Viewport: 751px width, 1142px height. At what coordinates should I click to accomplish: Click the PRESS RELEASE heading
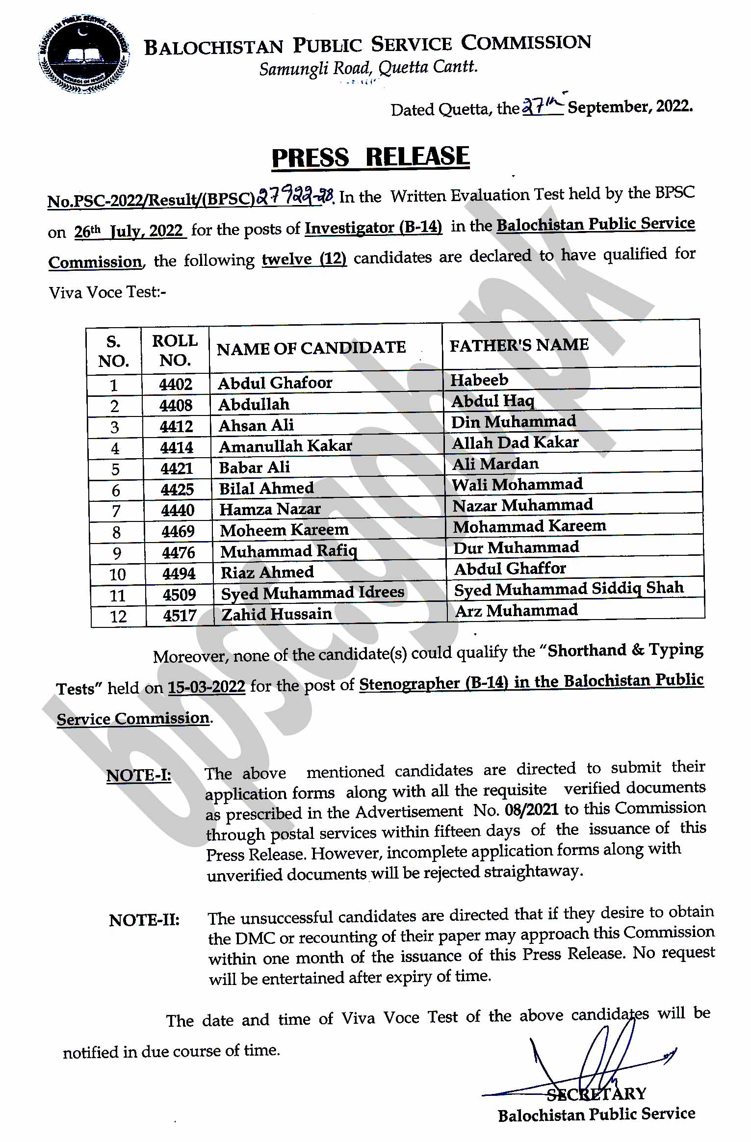pyautogui.click(x=370, y=158)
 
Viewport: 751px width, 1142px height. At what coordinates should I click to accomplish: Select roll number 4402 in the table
pyautogui.click(x=176, y=384)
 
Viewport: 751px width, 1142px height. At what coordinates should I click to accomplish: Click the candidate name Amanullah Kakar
pyautogui.click(x=285, y=446)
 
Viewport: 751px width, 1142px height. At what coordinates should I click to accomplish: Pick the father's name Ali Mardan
pyautogui.click(x=495, y=464)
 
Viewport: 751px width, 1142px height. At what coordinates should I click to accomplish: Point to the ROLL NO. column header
pyautogui.click(x=175, y=350)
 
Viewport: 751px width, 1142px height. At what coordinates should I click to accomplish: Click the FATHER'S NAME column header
pyautogui.click(x=519, y=345)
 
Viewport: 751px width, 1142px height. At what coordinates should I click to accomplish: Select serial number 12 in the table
pyautogui.click(x=118, y=616)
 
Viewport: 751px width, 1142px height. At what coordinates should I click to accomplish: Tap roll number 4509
pyautogui.click(x=180, y=595)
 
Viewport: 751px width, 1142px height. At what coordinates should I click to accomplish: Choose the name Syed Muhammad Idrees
pyautogui.click(x=312, y=593)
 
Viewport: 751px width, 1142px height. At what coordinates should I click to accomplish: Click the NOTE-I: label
pyautogui.click(x=139, y=776)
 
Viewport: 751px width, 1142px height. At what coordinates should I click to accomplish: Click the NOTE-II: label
pyautogui.click(x=144, y=920)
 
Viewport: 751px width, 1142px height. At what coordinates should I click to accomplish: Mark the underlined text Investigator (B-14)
pyautogui.click(x=373, y=228)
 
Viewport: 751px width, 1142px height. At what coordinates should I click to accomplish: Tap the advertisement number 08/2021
pyautogui.click(x=531, y=809)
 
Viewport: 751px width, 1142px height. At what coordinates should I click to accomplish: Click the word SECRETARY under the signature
pyautogui.click(x=596, y=1094)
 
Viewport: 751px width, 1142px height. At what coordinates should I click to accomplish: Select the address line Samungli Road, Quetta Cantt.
pyautogui.click(x=368, y=68)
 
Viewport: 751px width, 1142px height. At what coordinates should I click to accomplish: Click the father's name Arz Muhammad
pyautogui.click(x=516, y=611)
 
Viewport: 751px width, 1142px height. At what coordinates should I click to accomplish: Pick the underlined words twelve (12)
pyautogui.click(x=304, y=259)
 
